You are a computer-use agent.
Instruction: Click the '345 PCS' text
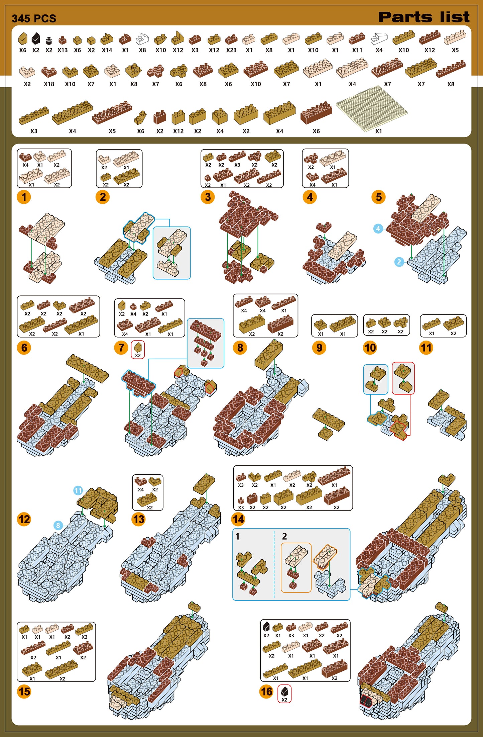[x=34, y=18]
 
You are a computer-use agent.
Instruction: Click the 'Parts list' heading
[x=424, y=17]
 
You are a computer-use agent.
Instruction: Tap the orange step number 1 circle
[x=24, y=197]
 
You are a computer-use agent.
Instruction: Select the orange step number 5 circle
[x=379, y=197]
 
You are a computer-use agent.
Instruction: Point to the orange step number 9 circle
[x=319, y=348]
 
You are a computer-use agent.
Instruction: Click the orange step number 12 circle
[x=24, y=519]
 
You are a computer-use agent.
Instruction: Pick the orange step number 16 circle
[x=266, y=691]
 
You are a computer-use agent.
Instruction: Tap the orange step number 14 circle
[x=238, y=519]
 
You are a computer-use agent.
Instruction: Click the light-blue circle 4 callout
[x=378, y=228]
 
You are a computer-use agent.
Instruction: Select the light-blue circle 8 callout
[x=58, y=525]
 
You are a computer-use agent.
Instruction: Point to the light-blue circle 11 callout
[x=78, y=490]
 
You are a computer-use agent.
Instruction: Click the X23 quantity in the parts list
[x=231, y=50]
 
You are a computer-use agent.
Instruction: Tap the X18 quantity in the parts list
[x=49, y=84]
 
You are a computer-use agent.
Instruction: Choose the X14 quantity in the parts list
[x=107, y=50]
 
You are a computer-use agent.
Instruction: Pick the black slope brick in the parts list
[x=36, y=38]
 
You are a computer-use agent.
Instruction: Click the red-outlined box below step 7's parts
[x=138, y=350]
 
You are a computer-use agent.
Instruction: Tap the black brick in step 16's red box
[x=284, y=691]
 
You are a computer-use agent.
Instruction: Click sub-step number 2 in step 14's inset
[x=284, y=537]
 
